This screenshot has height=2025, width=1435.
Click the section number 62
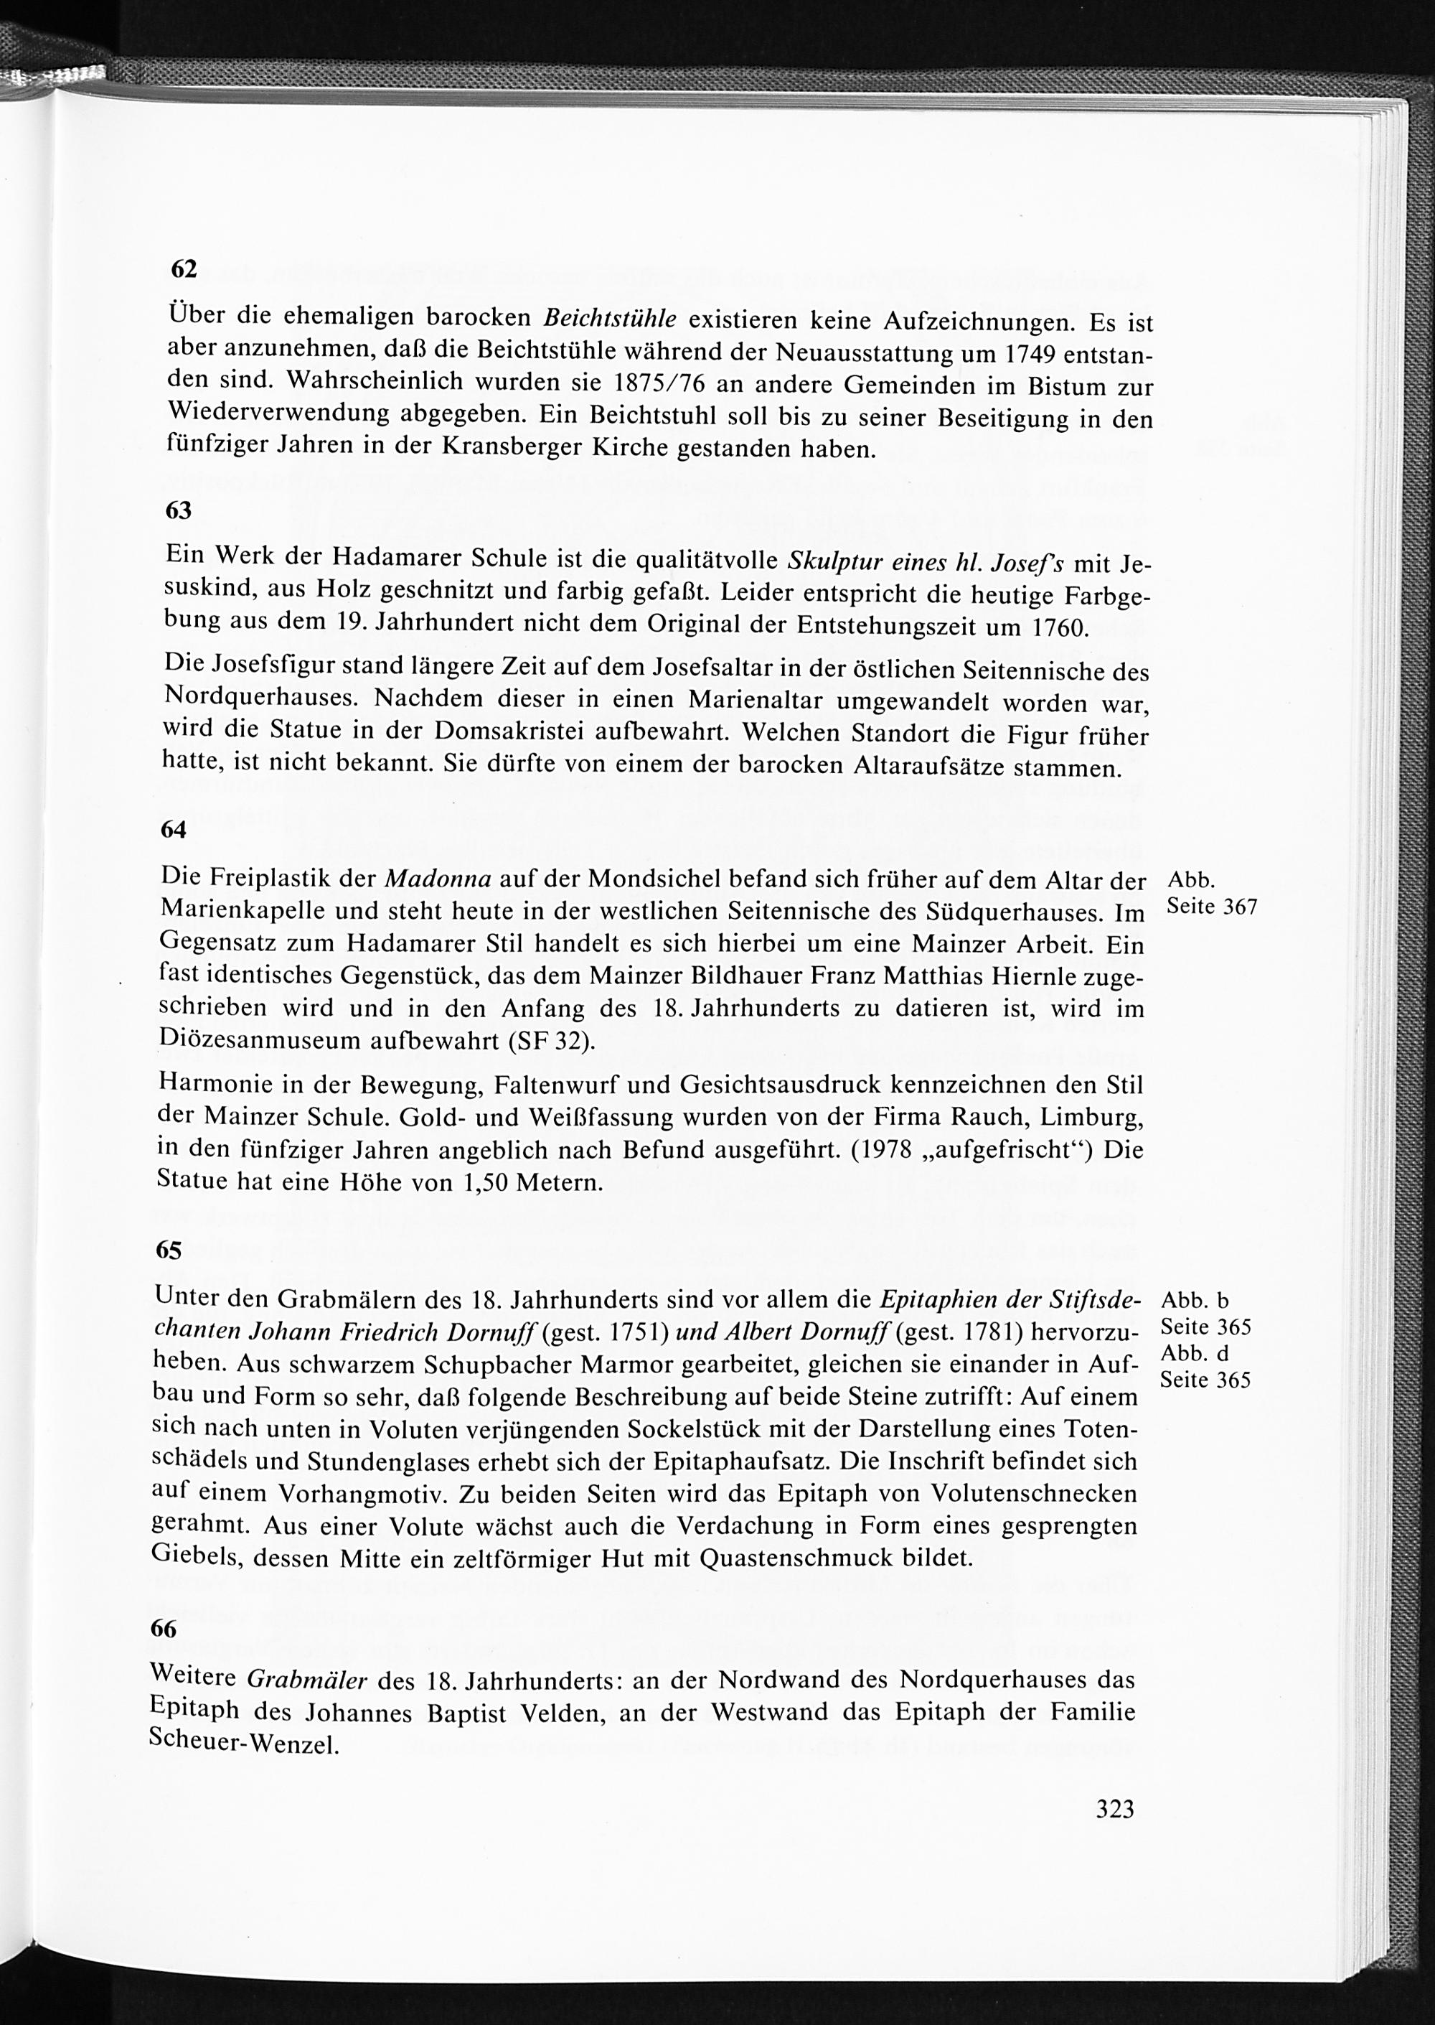coord(182,268)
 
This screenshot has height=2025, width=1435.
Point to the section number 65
coord(168,1250)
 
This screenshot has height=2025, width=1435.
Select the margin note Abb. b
coord(1195,1300)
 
